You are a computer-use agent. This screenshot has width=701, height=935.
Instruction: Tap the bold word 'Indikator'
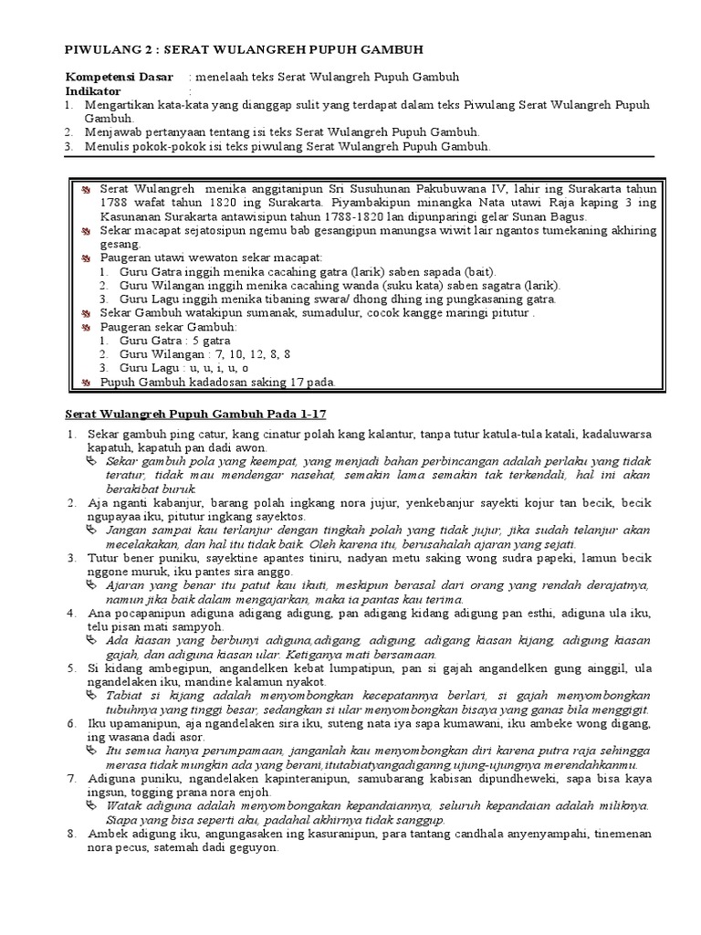[93, 91]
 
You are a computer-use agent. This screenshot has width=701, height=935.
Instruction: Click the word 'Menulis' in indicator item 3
[108, 146]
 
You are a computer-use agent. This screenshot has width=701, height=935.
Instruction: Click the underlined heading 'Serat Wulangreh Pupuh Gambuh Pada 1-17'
[197, 414]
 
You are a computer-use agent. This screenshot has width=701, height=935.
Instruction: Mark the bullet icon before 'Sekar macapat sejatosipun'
[85, 232]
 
